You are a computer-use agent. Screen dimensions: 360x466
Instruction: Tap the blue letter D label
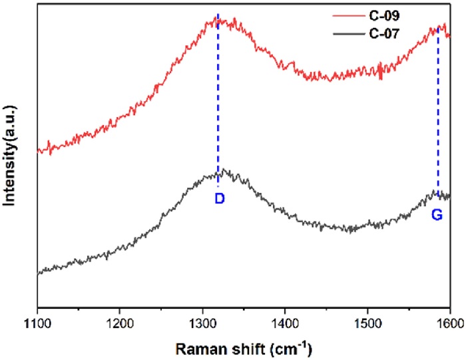pyautogui.click(x=220, y=198)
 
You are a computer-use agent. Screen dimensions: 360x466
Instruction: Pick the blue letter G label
pyautogui.click(x=437, y=215)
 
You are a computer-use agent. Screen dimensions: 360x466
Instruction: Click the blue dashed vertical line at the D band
pyautogui.click(x=218, y=100)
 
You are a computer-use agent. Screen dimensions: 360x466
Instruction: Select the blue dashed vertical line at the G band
pyautogui.click(x=437, y=113)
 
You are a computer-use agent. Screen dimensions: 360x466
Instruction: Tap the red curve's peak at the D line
pyautogui.click(x=218, y=21)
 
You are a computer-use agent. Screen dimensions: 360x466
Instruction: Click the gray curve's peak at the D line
pyautogui.click(x=218, y=174)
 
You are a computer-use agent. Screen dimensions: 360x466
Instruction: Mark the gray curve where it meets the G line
pyautogui.click(x=437, y=194)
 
